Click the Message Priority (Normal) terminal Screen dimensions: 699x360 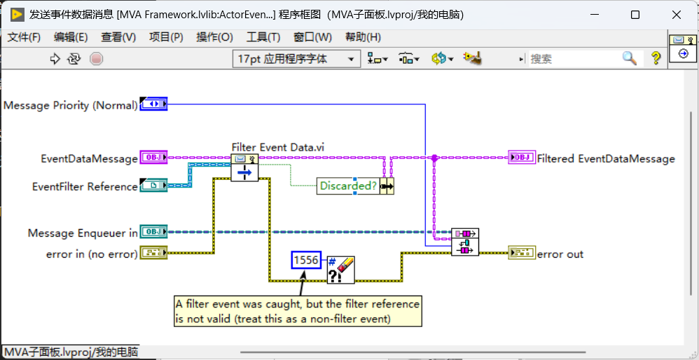pos(153,104)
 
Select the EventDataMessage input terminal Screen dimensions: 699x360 pos(153,158)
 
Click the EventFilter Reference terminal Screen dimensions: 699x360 pos(153,186)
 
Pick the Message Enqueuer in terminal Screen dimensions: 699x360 pos(153,232)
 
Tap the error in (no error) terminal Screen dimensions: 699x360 pos(153,253)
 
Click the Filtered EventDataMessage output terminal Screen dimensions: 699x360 pos(522,158)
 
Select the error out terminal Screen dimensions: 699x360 pos(522,253)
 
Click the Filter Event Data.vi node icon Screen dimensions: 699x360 pos(244,167)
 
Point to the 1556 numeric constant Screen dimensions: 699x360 pos(306,260)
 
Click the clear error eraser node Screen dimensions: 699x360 pos(341,270)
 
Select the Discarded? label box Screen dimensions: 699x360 pos(348,186)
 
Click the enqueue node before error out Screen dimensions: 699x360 pos(465,242)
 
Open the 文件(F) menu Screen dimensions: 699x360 pos(24,37)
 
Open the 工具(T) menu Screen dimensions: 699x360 pos(263,37)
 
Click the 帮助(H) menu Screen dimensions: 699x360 pos(364,37)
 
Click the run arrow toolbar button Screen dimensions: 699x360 pos(55,58)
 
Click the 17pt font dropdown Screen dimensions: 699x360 pos(296,59)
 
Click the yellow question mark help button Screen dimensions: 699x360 pos(656,58)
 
